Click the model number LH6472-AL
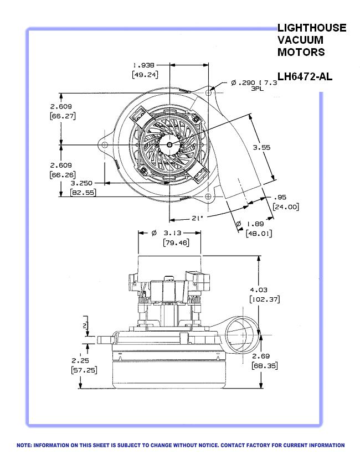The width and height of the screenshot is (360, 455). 305,76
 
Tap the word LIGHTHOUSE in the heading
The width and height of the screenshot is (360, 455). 312,28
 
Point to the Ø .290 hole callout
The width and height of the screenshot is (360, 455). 247,82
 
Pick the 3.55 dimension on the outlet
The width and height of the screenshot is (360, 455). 261,148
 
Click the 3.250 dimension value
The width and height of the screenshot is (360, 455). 81,182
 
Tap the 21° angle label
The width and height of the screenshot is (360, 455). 197,218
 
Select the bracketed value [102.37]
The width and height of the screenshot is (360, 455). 264,299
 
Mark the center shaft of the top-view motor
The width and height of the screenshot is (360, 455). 169,144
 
